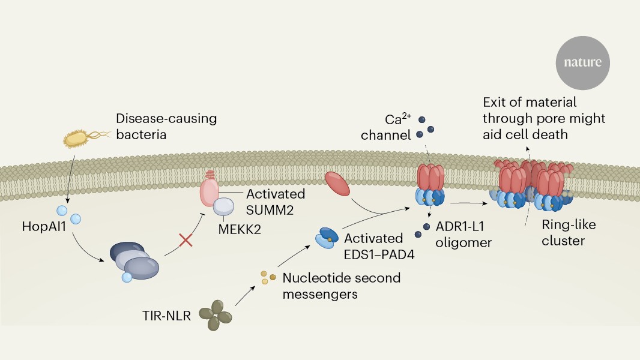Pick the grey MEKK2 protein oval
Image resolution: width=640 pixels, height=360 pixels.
tap(223, 207)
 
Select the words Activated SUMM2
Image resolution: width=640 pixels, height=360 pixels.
tap(276, 202)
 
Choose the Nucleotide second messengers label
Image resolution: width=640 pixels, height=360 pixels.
tap(341, 286)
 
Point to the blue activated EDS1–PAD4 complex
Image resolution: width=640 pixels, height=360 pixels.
tap(328, 238)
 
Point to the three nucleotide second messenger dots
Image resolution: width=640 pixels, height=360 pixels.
tap(268, 277)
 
